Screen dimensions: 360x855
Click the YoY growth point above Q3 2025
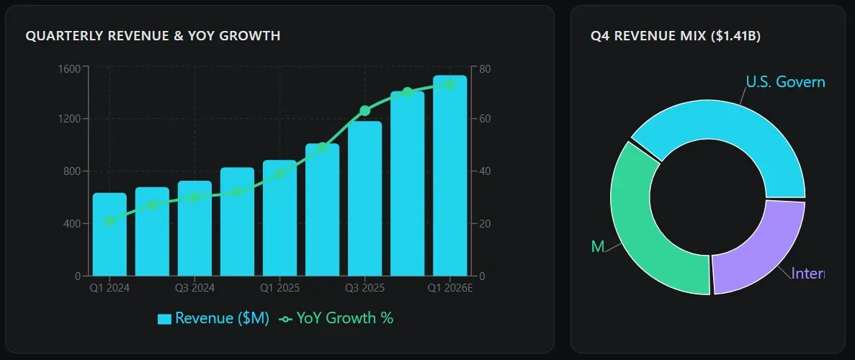tap(364, 111)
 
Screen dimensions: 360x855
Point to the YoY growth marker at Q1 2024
tap(109, 221)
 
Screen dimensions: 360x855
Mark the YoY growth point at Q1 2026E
tap(449, 84)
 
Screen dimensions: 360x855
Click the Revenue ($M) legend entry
tap(213, 318)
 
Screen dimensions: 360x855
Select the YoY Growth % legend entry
tap(336, 318)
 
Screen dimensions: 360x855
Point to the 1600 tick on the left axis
tap(71, 67)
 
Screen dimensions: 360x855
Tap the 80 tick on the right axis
tap(485, 69)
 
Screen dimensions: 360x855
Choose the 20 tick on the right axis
tap(485, 224)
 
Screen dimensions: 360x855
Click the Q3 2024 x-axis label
tap(194, 288)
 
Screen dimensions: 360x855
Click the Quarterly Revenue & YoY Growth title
tap(153, 35)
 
